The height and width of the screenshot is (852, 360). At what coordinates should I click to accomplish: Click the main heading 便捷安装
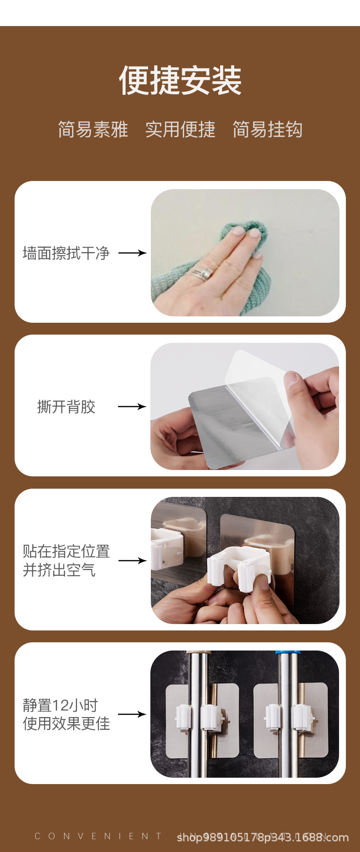coord(180,81)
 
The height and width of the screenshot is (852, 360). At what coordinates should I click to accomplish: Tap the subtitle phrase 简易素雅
coord(93,129)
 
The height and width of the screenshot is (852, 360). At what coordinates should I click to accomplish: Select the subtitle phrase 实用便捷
coord(180,129)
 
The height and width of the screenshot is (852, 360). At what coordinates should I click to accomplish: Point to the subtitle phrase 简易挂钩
coord(267,129)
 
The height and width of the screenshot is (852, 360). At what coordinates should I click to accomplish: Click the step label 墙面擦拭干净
coord(66,253)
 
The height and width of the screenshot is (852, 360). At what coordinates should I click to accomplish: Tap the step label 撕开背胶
coord(66,407)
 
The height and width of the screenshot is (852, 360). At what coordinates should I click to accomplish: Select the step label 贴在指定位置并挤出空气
coord(66,560)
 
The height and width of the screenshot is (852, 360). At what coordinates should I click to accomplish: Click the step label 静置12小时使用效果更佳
coord(66,714)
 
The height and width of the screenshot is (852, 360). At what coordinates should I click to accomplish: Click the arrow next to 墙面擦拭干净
coord(132,253)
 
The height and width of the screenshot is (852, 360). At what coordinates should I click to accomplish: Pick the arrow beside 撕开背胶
coord(132,406)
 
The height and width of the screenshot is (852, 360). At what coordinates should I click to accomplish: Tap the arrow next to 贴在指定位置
coord(132,560)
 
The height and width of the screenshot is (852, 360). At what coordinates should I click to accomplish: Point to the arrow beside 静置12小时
coord(132,714)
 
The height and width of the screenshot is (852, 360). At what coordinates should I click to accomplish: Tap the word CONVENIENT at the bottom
coord(98,836)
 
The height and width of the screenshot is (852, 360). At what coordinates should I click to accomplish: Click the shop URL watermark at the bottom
coord(262,837)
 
